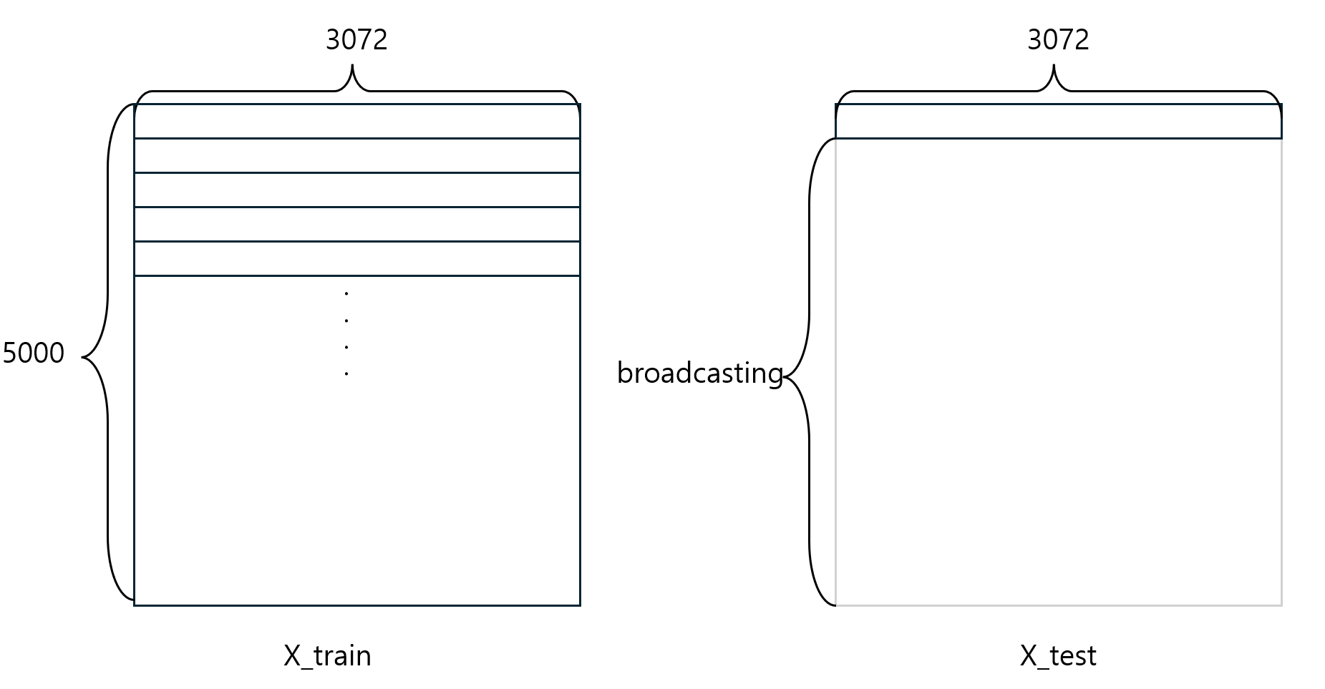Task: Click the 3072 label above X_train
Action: click(356, 39)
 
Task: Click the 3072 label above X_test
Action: click(1058, 39)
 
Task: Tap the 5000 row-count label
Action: click(34, 353)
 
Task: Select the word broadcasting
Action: click(699, 373)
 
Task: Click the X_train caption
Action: click(327, 655)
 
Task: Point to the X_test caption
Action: click(1057, 655)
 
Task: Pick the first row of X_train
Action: click(356, 122)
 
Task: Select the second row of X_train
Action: click(356, 155)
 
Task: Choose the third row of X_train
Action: click(356, 190)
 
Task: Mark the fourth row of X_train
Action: click(356, 224)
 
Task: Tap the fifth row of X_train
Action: click(356, 258)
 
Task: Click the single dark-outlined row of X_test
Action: click(1058, 122)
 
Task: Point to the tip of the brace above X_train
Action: click(352, 66)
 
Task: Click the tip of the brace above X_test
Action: click(1054, 66)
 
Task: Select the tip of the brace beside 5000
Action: click(83, 356)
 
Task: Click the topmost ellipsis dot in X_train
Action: click(346, 293)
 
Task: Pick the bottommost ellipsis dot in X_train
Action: click(346, 373)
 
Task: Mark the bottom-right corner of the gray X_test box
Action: click(1281, 605)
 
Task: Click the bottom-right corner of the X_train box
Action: click(579, 605)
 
